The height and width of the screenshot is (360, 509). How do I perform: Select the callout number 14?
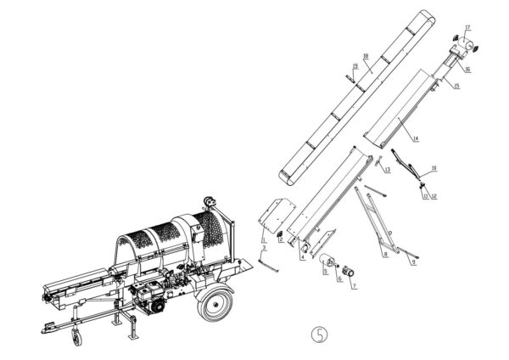pos(417,138)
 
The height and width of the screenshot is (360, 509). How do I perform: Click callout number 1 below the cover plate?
pos(264,240)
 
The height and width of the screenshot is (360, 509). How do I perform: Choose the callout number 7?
pos(355,287)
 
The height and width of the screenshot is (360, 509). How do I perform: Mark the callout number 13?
pos(387,171)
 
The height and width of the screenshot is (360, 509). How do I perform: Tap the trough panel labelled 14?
pos(399,110)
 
